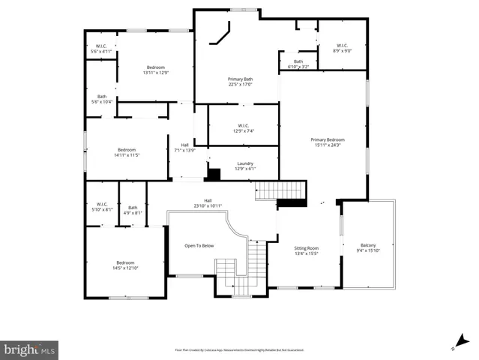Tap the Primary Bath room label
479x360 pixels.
[x=240, y=79]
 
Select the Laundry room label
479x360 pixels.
[x=245, y=163]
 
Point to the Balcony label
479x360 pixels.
[x=368, y=245]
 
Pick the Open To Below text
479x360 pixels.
[x=199, y=245]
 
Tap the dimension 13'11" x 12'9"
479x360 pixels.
[x=156, y=73]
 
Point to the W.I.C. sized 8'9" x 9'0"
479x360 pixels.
[x=343, y=51]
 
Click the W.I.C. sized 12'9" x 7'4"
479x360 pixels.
[x=244, y=131]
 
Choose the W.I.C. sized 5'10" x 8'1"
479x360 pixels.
[x=102, y=211]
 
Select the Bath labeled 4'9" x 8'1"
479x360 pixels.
[x=133, y=211]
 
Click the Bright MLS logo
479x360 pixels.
[x=29, y=349]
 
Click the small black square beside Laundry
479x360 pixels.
[x=214, y=175]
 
